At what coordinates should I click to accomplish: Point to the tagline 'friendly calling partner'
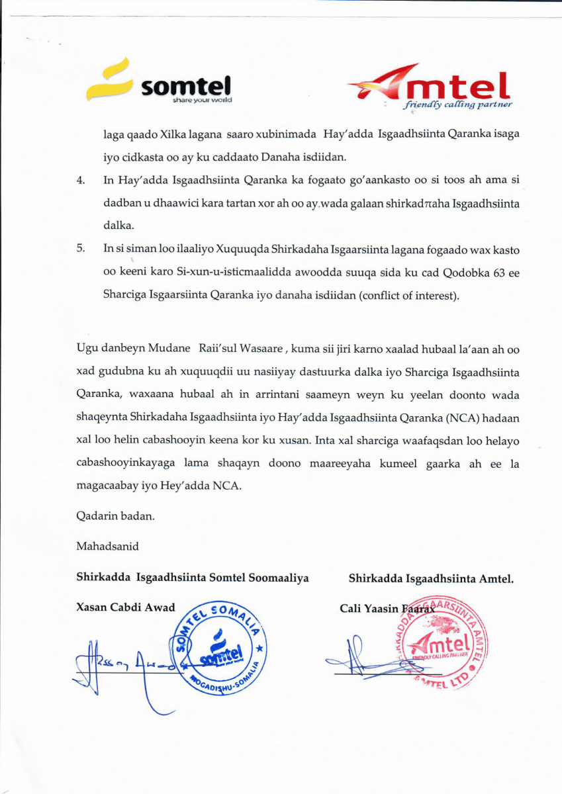(458, 105)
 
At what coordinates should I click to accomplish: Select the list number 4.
(80, 180)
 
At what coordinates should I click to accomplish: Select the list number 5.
(81, 249)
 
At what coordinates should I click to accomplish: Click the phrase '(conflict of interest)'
(409, 295)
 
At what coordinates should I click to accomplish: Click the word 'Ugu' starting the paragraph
(86, 349)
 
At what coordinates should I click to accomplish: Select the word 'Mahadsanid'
(107, 547)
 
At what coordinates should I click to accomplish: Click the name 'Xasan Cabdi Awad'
(126, 607)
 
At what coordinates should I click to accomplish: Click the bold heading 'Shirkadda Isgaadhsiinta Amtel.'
(431, 579)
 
